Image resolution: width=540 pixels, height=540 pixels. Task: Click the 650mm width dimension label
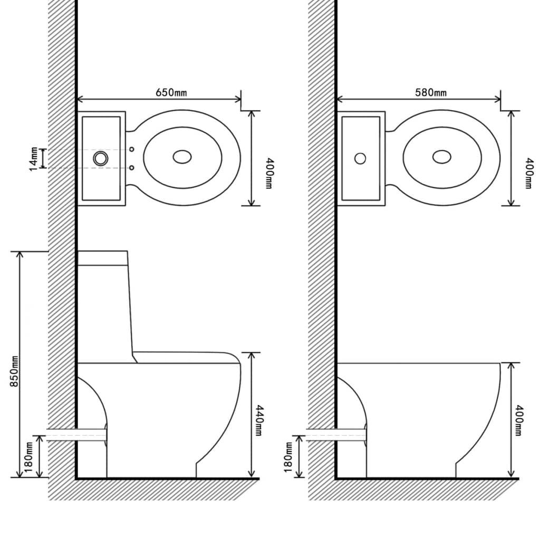pos(171,92)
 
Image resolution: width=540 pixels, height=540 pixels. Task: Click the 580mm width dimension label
pos(430,92)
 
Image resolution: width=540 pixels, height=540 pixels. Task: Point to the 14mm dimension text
pos(34,159)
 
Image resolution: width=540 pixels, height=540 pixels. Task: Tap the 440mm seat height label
pos(259,420)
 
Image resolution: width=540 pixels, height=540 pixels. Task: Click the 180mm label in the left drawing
pos(28,457)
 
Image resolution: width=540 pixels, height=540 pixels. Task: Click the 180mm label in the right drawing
pos(288,457)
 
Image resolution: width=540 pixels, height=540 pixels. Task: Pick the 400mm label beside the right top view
pos(527,173)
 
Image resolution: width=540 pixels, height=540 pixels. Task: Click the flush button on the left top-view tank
pos(100,157)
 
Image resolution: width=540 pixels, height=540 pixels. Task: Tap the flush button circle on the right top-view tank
pos(360,158)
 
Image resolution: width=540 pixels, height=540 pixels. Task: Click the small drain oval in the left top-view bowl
pos(182,157)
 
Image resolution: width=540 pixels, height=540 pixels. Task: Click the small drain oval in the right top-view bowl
pos(441,157)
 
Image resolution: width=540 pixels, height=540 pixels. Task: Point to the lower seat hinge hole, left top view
pos(132,168)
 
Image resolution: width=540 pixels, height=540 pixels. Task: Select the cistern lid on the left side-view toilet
pos(103,257)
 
